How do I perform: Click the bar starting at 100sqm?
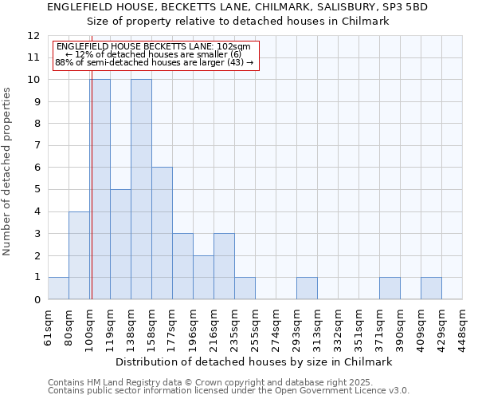100,189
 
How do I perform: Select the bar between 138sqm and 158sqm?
141,189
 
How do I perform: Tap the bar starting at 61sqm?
58,288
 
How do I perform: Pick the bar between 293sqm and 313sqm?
307,288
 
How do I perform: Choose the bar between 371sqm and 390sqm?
390,288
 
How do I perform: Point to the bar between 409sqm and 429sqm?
431,288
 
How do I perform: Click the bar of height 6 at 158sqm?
162,233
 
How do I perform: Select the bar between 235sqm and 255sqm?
245,288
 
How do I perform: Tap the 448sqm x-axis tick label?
462,326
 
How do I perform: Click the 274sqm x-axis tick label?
276,326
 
